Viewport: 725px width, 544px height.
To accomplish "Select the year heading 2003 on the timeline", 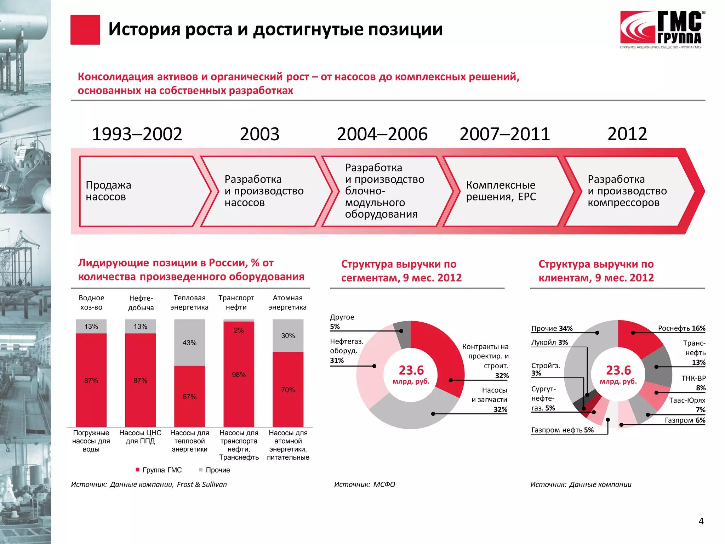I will pos(259,134).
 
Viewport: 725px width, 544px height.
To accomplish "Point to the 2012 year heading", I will pos(627,134).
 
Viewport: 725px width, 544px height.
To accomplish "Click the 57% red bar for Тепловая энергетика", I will pos(189,396).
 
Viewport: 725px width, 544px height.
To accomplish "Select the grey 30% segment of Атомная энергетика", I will pos(288,335).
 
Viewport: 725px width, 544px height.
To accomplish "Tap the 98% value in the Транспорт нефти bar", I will pos(239,375).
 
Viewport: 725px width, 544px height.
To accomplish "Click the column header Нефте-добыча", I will pos(141,303).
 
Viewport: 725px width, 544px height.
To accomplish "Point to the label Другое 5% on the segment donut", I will pos(342,322).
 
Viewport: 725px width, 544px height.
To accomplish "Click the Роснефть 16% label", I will pos(681,328).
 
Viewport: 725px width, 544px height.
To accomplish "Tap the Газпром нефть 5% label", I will pos(562,430).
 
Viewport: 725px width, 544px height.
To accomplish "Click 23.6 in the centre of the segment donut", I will pos(411,370).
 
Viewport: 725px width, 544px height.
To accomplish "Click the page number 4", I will pos(701,521).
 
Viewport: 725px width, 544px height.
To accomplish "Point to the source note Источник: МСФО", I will pos(364,484).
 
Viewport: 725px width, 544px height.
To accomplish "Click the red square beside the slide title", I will pos(85,30).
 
